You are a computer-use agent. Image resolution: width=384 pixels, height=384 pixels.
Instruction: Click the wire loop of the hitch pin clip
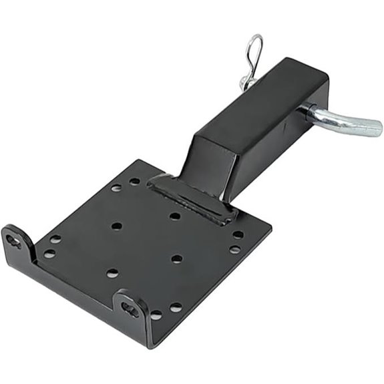(254, 50)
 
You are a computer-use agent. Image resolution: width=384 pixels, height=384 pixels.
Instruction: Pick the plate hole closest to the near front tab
(155, 313)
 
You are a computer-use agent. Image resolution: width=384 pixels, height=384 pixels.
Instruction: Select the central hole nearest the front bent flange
(112, 272)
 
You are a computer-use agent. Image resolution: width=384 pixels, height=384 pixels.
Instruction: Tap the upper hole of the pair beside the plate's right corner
(238, 235)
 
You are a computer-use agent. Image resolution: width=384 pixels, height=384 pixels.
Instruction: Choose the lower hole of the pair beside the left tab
(49, 253)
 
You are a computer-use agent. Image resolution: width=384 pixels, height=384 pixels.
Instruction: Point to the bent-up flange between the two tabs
(67, 280)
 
